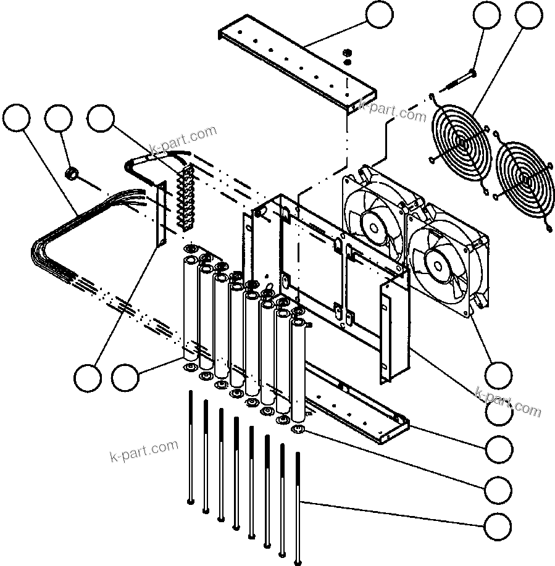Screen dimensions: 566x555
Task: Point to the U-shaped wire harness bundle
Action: (56, 247)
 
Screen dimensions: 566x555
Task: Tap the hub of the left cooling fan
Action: (375, 225)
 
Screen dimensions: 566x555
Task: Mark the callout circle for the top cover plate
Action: (378, 17)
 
